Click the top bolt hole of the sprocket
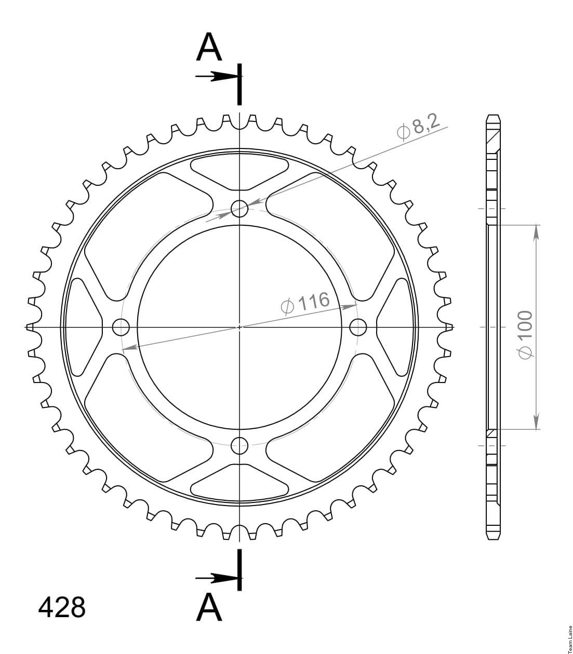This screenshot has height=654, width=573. click(x=239, y=209)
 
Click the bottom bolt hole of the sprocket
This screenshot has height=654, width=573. click(x=239, y=445)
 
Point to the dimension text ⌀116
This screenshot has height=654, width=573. click(x=305, y=303)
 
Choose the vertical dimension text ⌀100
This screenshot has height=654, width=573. click(x=525, y=335)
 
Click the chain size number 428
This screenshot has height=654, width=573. click(x=62, y=607)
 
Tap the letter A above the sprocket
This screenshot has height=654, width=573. click(x=209, y=47)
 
